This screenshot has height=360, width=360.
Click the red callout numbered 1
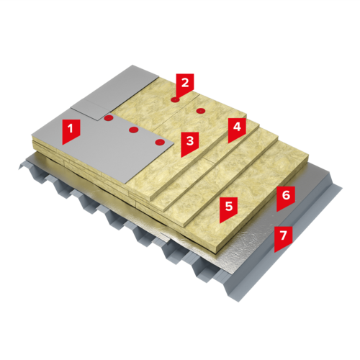(x=71, y=131)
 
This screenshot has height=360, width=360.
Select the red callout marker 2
(x=185, y=85)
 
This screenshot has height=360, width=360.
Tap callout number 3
(x=190, y=143)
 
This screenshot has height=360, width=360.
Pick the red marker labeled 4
(x=237, y=130)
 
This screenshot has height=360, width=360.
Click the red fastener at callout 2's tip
(x=176, y=99)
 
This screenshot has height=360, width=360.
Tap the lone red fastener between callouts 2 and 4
(x=200, y=111)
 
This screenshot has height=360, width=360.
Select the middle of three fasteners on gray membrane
(x=134, y=130)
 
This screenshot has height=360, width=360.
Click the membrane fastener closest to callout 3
(x=160, y=142)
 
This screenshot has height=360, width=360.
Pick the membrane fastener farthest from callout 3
(x=109, y=118)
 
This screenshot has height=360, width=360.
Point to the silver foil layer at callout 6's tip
(x=276, y=212)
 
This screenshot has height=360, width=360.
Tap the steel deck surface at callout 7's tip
(x=274, y=253)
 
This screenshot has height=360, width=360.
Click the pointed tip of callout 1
(x=63, y=145)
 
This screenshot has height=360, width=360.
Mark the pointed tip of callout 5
(x=220, y=223)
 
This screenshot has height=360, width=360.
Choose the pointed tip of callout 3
(x=181, y=158)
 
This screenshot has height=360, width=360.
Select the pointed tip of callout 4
(x=228, y=143)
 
